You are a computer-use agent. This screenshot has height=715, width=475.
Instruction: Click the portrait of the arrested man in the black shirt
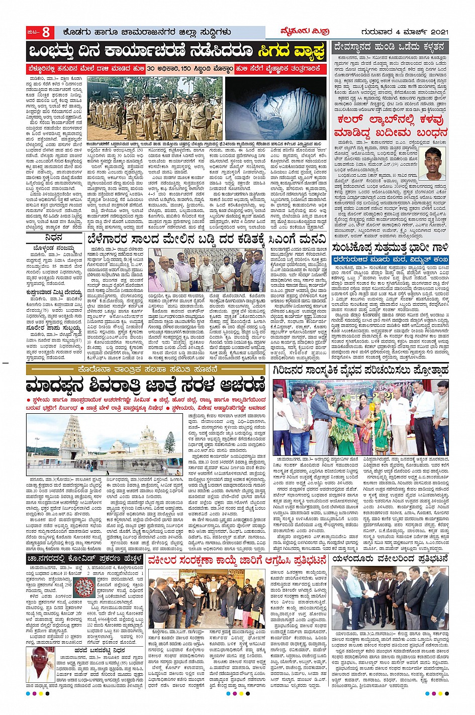click(435, 164)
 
